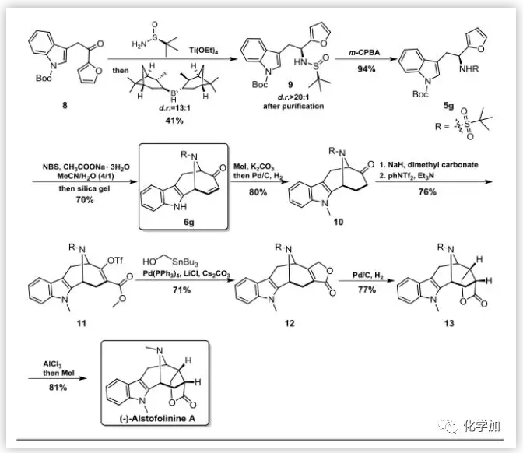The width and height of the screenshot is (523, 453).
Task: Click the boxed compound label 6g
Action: click(x=186, y=219)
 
